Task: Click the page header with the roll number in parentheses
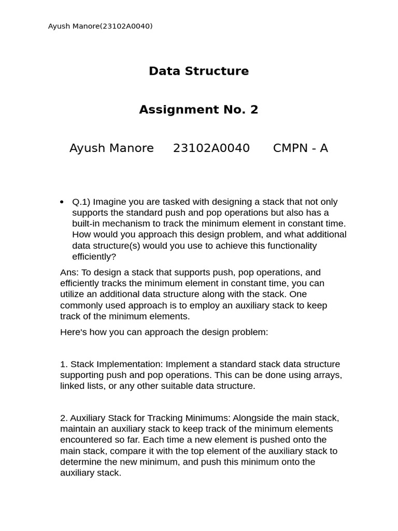pyautogui.click(x=100, y=26)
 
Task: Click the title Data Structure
pyautogui.click(x=198, y=71)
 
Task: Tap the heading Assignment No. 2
pyautogui.click(x=198, y=109)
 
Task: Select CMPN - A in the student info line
pyautogui.click(x=300, y=148)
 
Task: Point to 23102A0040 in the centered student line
pyautogui.click(x=211, y=148)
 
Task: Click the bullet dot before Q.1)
pyautogui.click(x=62, y=202)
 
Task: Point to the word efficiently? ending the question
pyautogui.click(x=94, y=256)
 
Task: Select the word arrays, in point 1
pyautogui.click(x=327, y=375)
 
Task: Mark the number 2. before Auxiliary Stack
pyautogui.click(x=64, y=418)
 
